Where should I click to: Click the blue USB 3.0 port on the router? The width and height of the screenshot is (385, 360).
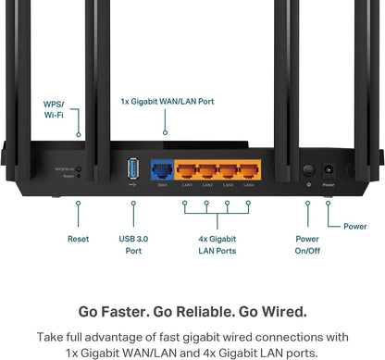(131, 169)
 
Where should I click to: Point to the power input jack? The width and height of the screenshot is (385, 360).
(329, 170)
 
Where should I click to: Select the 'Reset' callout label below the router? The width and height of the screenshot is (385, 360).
(79, 239)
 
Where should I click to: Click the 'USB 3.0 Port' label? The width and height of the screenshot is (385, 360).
(131, 244)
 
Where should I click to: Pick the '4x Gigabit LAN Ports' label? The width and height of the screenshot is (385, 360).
(218, 244)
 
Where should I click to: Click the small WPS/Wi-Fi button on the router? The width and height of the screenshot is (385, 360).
(80, 169)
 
